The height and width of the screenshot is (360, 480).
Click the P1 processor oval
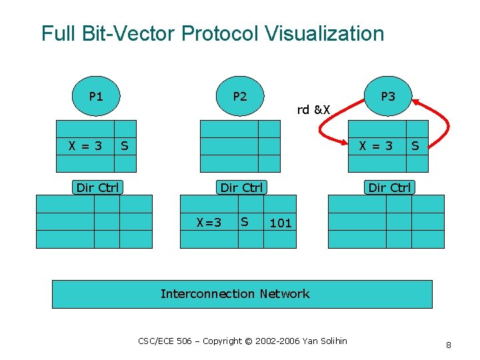[96, 96]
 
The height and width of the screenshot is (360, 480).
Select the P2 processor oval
[240, 96]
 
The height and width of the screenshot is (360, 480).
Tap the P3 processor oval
[388, 96]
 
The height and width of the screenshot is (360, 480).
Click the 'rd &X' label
[313, 110]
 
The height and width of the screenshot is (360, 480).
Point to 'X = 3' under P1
[85, 145]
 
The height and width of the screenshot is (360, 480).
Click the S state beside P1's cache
[125, 145]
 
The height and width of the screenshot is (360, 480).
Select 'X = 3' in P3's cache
[376, 145]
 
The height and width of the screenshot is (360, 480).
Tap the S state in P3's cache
[415, 145]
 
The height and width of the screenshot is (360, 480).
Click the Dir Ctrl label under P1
[97, 187]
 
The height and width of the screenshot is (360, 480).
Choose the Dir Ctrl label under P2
[241, 187]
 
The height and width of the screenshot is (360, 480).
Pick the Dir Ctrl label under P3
[390, 187]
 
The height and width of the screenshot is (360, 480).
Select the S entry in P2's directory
[245, 221]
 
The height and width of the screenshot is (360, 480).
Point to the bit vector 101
[281, 223]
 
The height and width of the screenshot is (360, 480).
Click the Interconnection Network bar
[242, 294]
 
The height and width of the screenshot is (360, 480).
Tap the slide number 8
[449, 345]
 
